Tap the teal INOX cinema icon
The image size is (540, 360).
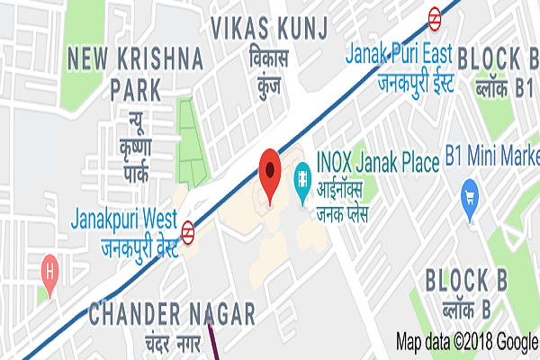301,168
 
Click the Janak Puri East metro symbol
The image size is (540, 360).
435,14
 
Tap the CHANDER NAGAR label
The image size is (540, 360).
171,314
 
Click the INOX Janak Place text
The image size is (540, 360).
375,163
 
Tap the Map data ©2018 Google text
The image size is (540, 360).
467,341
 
